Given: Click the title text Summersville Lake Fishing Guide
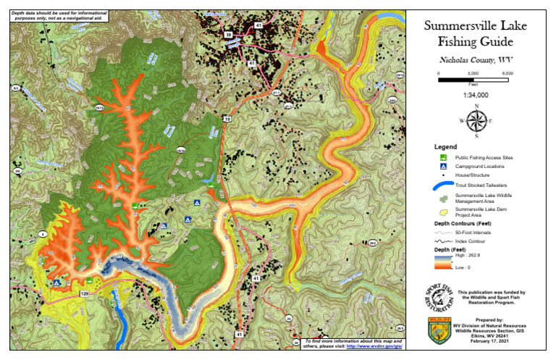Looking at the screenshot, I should click(476, 34).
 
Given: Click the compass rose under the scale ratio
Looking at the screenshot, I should click(476, 121).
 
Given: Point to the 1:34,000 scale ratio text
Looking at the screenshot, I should click(476, 94).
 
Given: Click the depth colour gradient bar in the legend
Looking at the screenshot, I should click(440, 260).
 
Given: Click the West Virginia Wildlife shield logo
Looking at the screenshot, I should click(439, 331).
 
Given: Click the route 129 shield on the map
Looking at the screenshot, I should click(84, 293).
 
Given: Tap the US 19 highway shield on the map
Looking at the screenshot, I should click(227, 117).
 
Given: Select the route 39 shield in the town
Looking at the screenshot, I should click(228, 34).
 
